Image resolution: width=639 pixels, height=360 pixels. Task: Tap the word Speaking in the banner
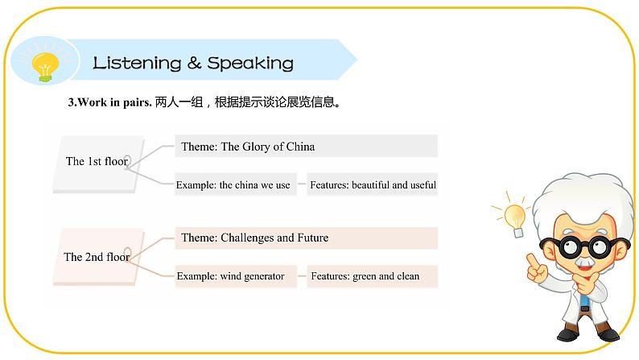pos(250,63)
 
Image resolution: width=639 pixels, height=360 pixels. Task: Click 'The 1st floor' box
pos(97,162)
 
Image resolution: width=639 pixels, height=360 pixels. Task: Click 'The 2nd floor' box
pos(97,258)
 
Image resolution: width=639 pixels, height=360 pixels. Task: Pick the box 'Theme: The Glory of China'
pos(306,147)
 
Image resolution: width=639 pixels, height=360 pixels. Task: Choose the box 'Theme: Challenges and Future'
pos(306,238)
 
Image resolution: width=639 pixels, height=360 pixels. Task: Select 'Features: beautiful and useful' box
pos(373,185)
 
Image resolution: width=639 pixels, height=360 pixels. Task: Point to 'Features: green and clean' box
pos(373,276)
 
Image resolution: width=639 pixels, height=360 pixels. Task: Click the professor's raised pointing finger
pos(532,260)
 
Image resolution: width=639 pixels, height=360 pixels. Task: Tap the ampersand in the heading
pos(194,63)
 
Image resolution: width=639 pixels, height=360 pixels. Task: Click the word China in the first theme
pos(301,147)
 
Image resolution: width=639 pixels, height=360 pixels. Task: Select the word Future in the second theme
pos(312,238)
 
